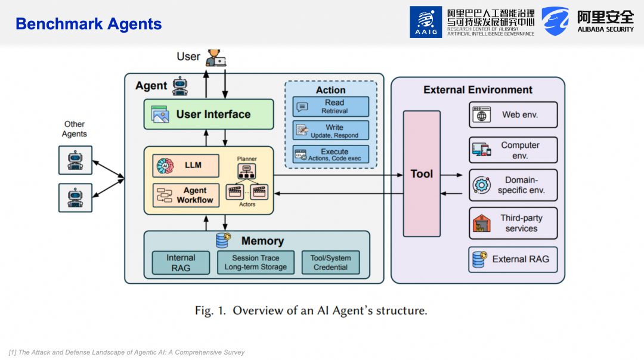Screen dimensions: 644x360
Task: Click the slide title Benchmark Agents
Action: [x=89, y=24]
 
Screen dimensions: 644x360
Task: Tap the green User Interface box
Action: [x=209, y=114]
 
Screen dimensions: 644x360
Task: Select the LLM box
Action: [x=185, y=166]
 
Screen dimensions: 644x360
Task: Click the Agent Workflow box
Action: [x=185, y=195]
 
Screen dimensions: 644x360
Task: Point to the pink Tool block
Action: [x=422, y=173]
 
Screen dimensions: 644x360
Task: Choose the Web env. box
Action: [x=513, y=115]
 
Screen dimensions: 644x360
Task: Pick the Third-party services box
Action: [x=513, y=224]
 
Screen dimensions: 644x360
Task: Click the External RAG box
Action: [x=513, y=259]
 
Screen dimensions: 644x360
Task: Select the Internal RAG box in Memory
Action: [x=181, y=262]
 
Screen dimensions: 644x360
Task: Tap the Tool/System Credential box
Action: [x=330, y=262]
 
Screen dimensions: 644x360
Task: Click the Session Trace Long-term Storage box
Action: [x=255, y=262]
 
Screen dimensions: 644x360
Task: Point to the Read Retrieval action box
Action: [x=330, y=107]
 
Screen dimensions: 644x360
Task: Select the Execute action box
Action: [x=330, y=154]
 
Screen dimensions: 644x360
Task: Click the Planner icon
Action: [x=246, y=171]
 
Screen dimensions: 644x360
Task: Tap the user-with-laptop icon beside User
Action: [x=216, y=58]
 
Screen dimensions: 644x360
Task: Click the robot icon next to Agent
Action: [x=180, y=86]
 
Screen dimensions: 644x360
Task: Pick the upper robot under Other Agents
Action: [x=75, y=160]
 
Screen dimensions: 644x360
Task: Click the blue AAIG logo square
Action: [x=426, y=22]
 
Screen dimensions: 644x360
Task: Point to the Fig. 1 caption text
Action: [x=311, y=311]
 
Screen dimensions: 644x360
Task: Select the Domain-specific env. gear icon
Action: [x=482, y=185]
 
